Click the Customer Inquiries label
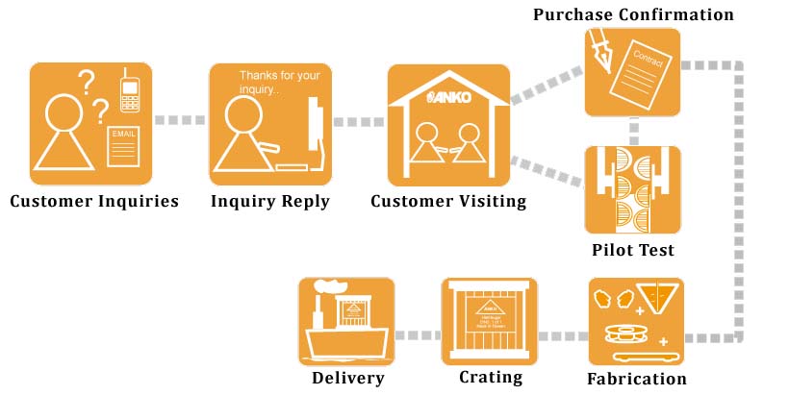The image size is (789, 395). (x=94, y=202)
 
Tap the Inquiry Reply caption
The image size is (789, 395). (x=270, y=202)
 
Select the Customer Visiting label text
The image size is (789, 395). (x=448, y=202)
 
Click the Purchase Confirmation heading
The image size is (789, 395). (x=633, y=14)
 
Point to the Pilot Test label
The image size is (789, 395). (x=633, y=250)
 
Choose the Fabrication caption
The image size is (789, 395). (x=637, y=379)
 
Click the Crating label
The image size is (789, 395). (x=491, y=378)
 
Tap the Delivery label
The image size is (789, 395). (x=348, y=378)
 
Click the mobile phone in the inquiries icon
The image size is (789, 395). (x=129, y=93)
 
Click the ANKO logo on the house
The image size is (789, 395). (x=448, y=97)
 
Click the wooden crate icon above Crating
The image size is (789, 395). (x=490, y=321)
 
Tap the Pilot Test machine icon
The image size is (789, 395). (x=633, y=189)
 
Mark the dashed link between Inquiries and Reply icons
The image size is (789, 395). (x=181, y=121)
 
